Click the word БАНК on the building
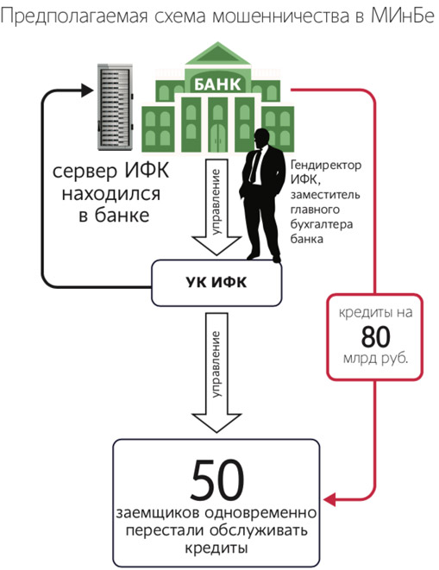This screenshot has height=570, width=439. [x=217, y=84]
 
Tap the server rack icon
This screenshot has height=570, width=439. [x=116, y=107]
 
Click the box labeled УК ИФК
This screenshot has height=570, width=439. [x=216, y=283]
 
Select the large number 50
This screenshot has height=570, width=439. [x=216, y=479]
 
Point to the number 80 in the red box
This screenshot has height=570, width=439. [x=376, y=336]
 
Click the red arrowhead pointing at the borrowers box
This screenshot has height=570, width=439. [x=329, y=499]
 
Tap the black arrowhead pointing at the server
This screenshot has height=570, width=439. [x=88, y=91]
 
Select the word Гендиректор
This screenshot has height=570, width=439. [x=326, y=166]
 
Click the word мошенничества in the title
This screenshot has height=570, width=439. [x=281, y=16]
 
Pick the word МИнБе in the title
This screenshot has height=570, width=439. [x=403, y=16]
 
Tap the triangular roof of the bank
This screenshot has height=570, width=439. [x=218, y=53]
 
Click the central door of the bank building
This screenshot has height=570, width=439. [x=218, y=137]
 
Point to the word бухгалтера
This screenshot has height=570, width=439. [x=322, y=224]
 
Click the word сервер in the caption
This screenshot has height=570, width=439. [x=85, y=172]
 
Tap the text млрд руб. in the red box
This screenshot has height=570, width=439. [x=375, y=359]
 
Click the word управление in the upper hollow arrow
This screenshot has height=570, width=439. [x=216, y=201]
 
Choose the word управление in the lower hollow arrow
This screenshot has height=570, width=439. [x=216, y=364]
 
